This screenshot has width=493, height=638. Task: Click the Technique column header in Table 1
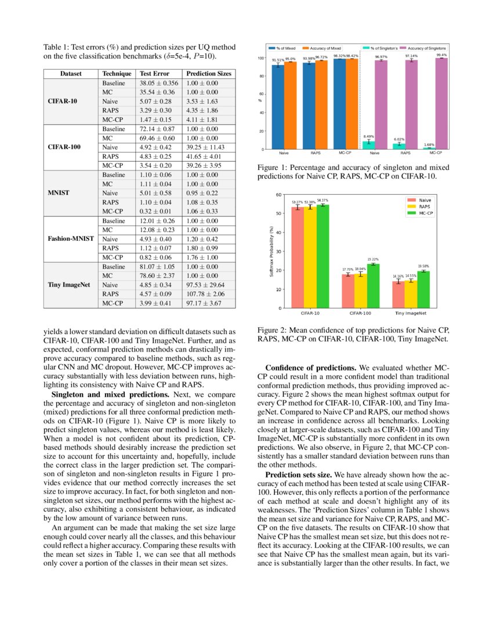coord(117,74)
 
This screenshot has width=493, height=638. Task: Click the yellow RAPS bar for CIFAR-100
coord(360,291)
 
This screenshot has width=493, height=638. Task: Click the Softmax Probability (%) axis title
coord(271,251)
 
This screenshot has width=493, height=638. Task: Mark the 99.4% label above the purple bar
coord(441,55)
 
